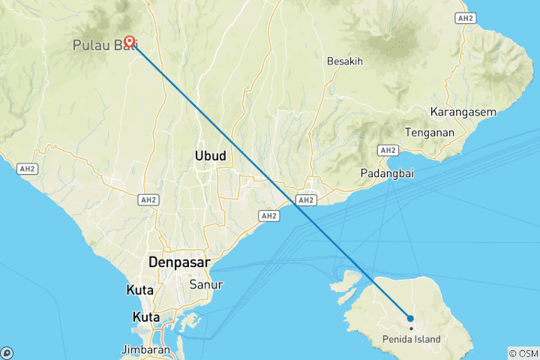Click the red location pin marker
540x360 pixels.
[129, 42]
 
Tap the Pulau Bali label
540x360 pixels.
[105, 46]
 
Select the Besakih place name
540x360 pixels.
[346, 61]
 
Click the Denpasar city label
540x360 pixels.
[179, 263]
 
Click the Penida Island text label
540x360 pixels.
[409, 340]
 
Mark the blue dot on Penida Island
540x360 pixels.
[410, 319]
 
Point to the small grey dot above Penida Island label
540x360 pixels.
[410, 329]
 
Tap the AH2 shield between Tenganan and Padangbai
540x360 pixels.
[388, 150]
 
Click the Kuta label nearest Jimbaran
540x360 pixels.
[145, 316]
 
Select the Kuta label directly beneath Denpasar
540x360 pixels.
[139, 289]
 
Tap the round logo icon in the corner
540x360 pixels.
[7, 352]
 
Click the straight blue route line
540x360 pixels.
[270, 180]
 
